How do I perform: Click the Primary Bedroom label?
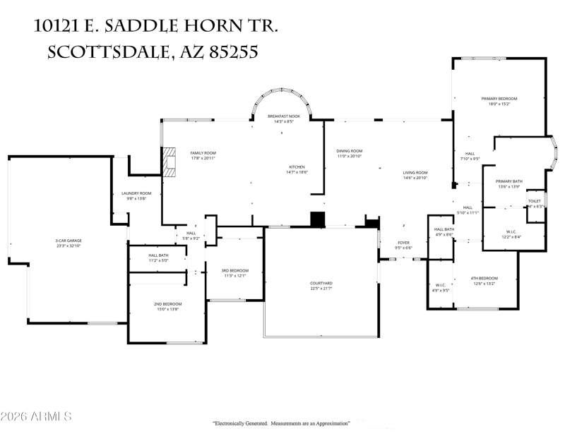pyautogui.click(x=499, y=98)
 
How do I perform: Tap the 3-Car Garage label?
pyautogui.click(x=69, y=241)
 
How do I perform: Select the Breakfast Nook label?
pyautogui.click(x=283, y=116)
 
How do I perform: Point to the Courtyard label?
pyautogui.click(x=321, y=283)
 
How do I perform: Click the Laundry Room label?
pyautogui.click(x=136, y=193)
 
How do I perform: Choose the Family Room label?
pyautogui.click(x=203, y=153)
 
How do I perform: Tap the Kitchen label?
pyautogui.click(x=296, y=166)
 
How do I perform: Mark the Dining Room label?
pyautogui.click(x=349, y=151)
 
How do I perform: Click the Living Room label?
pyautogui.click(x=415, y=172)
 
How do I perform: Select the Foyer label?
pyautogui.click(x=403, y=243)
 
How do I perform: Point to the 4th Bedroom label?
pyautogui.click(x=484, y=278)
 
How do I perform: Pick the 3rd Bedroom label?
pyautogui.click(x=234, y=270)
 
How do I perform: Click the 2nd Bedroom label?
pyautogui.click(x=167, y=303)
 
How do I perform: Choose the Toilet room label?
pyautogui.click(x=535, y=201)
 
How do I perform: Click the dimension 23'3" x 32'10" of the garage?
pyautogui.click(x=69, y=246)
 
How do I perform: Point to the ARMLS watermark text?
pyautogui.click(x=36, y=416)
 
